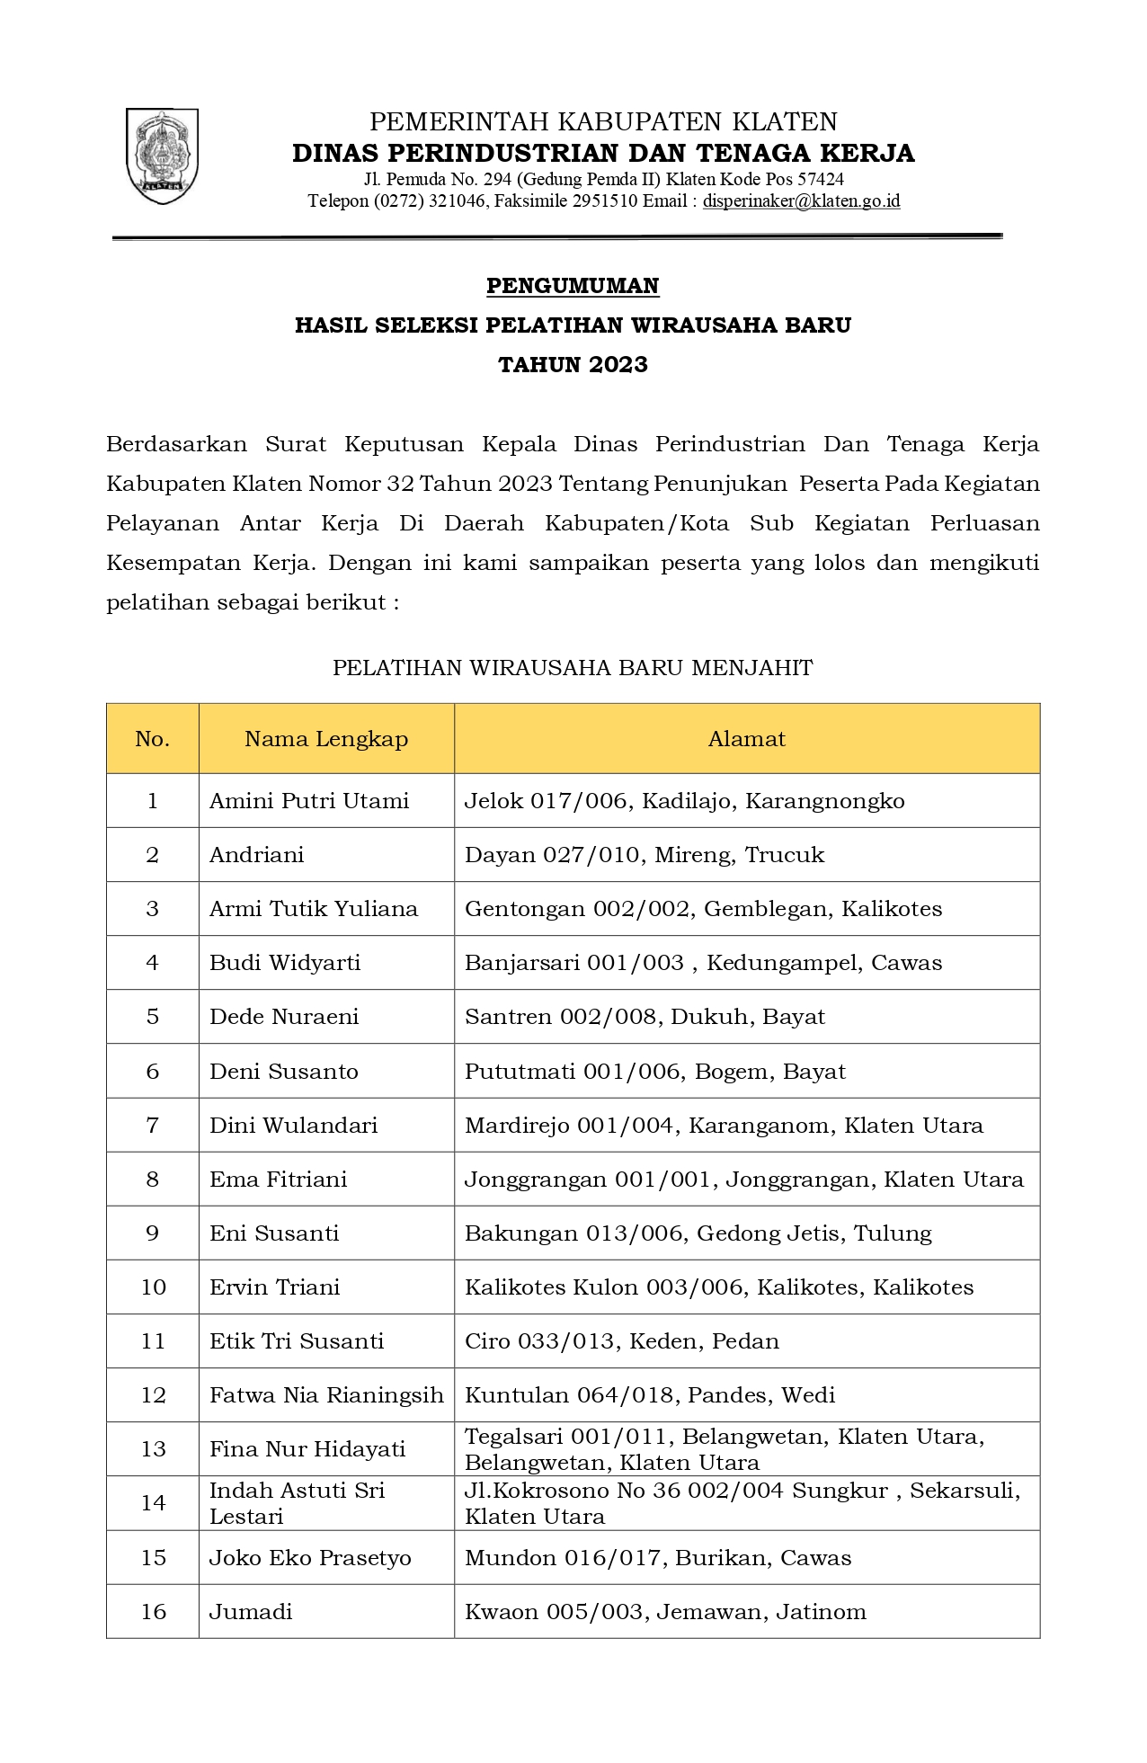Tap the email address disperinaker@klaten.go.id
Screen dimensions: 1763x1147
click(x=801, y=201)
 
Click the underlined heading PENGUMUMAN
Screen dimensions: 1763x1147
click(x=573, y=286)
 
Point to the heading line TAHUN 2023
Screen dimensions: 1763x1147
click(x=573, y=365)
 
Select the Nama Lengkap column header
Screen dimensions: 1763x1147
click(x=326, y=739)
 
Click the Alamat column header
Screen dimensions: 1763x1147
click(x=746, y=739)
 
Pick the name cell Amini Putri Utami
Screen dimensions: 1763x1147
click(x=309, y=801)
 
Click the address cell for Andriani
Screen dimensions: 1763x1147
click(x=644, y=855)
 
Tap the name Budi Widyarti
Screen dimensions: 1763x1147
click(x=285, y=963)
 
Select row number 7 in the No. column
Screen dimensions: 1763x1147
click(x=152, y=1126)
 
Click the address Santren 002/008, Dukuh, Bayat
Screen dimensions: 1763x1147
click(x=645, y=1017)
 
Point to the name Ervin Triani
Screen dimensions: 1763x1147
click(x=275, y=1287)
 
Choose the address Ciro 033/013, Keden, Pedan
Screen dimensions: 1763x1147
click(x=621, y=1341)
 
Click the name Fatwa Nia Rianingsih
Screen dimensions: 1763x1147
click(x=326, y=1395)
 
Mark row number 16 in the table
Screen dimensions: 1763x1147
click(x=153, y=1612)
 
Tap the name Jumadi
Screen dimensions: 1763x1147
click(x=251, y=1612)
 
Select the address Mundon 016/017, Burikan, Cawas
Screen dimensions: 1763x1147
click(x=657, y=1558)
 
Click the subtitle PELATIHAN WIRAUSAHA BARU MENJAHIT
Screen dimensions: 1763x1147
click(x=573, y=668)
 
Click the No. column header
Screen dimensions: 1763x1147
click(x=152, y=739)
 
